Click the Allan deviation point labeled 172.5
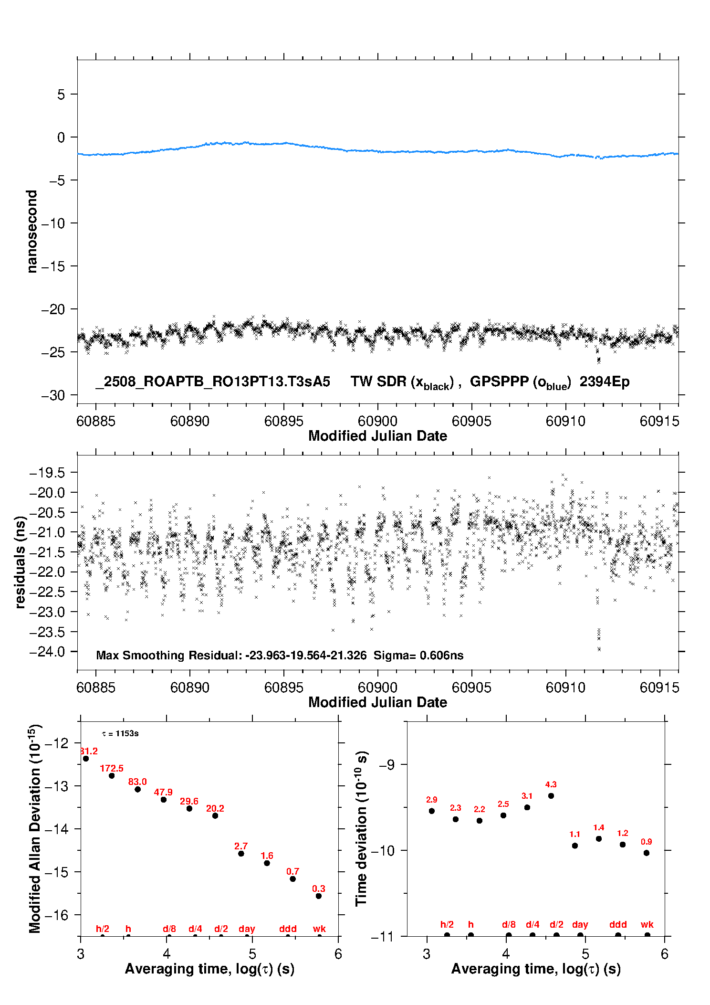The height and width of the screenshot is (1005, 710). pos(112,775)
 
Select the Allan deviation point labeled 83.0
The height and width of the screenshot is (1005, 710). pos(137,789)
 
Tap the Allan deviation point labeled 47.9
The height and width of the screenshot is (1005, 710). pos(164,800)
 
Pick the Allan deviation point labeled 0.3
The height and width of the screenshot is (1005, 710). pos(319,896)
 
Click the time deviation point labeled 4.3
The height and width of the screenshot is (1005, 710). pos(551,796)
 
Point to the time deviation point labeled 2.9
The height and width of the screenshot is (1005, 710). pos(432,811)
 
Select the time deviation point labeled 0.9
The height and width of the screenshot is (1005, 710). pos(647,853)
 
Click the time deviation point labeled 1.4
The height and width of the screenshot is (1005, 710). pos(599,839)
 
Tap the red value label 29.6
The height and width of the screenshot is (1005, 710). pos(189,801)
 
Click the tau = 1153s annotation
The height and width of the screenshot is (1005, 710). pos(120,733)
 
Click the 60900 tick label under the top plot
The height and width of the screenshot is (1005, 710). pos(377,421)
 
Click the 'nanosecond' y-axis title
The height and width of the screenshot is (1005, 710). pos(31,232)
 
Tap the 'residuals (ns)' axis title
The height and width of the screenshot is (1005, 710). pos(20,562)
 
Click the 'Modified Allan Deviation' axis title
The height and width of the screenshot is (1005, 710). pos(35,828)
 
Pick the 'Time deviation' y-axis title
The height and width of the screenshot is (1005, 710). pos(361,829)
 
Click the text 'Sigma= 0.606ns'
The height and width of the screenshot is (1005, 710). pos(418,655)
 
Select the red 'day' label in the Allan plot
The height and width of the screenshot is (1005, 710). pos(247,929)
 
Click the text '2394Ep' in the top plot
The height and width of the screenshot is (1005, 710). pos(605,381)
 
